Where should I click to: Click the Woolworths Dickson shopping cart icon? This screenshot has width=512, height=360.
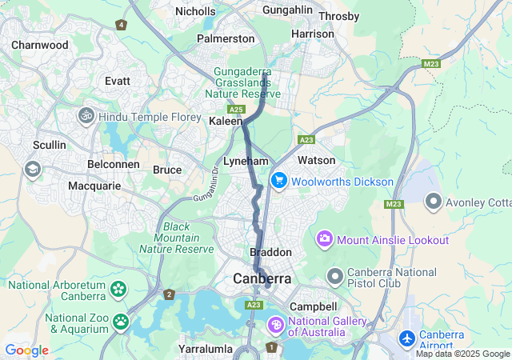tap(279, 182)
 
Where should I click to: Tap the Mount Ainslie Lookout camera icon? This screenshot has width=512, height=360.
tap(325, 238)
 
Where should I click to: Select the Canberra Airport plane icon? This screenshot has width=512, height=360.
tap(407, 339)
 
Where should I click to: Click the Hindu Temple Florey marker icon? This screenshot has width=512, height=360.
tap(86, 117)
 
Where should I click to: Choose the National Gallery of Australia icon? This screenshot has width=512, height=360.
tap(275, 325)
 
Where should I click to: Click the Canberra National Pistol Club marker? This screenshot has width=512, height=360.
tap(335, 278)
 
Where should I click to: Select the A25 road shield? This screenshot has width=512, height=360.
tap(235, 109)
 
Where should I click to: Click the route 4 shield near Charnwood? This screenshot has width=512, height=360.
tap(121, 25)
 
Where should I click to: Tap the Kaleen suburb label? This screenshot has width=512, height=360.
tap(225, 121)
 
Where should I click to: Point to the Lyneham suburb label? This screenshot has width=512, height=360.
tap(246, 161)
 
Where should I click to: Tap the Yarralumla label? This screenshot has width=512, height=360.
tap(206, 349)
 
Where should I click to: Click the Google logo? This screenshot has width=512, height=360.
tap(26, 350)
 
